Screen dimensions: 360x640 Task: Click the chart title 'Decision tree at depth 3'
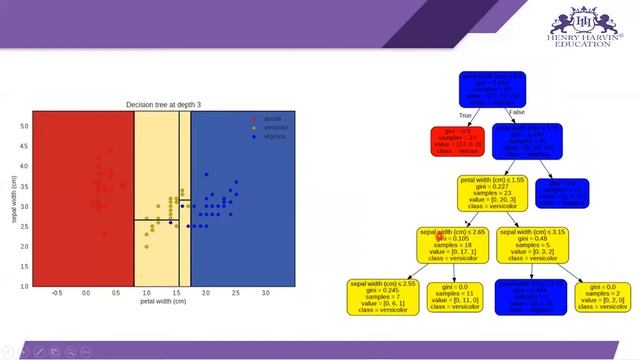[x=163, y=104]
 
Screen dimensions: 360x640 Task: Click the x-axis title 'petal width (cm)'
[x=163, y=301]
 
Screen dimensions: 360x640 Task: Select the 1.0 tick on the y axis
[x=25, y=286]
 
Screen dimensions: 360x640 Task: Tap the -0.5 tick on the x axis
[x=57, y=293]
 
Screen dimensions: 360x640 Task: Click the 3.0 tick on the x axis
[x=265, y=293]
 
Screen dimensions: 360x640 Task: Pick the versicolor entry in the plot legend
[x=272, y=127]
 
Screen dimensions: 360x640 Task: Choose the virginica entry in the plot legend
[x=272, y=136]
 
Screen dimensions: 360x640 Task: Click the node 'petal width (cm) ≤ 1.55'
[x=493, y=192]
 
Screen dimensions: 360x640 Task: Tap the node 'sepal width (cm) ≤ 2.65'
[x=452, y=245]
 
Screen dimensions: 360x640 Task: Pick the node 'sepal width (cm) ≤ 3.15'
[x=532, y=245]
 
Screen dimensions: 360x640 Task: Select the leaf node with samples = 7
[x=382, y=298]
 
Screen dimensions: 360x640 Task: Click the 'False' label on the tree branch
[x=516, y=112]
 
